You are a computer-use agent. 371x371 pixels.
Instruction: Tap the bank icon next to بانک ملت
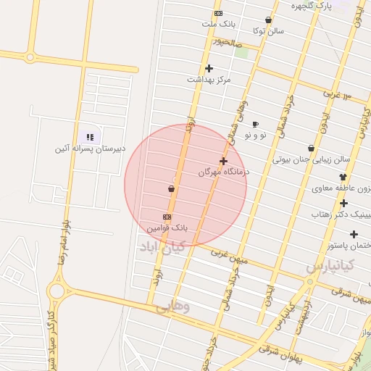[218, 13]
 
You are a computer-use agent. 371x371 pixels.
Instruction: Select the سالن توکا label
[268, 31]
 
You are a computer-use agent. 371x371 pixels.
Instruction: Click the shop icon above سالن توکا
[269, 20]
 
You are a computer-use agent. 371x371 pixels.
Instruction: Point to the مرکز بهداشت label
[209, 79]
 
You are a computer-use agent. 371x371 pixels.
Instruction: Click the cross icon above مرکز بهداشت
[209, 68]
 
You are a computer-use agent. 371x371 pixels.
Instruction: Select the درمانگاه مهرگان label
[224, 173]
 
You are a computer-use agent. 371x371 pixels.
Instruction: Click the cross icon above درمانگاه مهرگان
[223, 162]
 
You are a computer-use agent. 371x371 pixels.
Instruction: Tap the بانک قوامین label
[167, 228]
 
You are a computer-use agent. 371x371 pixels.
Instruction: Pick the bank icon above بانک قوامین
[167, 217]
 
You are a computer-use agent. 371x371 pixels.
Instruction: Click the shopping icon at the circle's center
[171, 189]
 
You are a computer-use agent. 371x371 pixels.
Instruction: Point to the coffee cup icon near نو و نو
[255, 125]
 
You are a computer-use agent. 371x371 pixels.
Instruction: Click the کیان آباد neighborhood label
[164, 247]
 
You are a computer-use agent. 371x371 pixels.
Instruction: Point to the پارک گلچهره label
[311, 6]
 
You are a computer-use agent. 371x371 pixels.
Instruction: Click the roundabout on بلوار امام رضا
[56, 291]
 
